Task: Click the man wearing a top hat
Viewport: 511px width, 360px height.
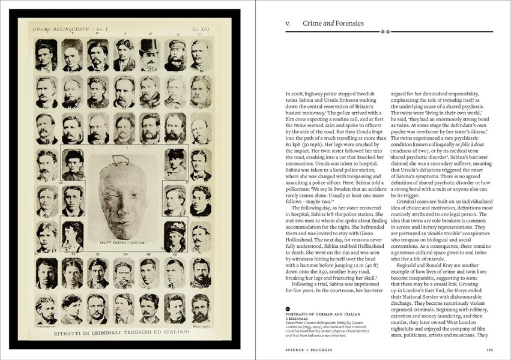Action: point(149,55)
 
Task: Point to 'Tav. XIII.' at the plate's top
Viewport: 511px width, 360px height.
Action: point(201,29)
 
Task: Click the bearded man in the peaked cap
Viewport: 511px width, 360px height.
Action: point(175,56)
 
